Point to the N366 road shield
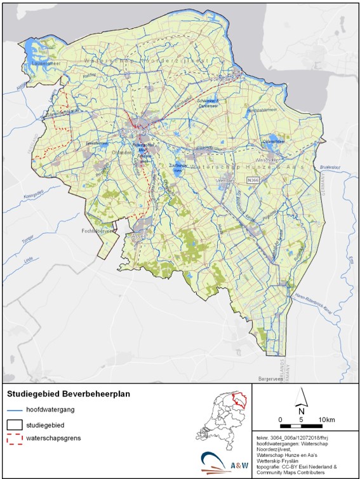click(x=253, y=180)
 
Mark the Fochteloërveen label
click(x=100, y=231)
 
